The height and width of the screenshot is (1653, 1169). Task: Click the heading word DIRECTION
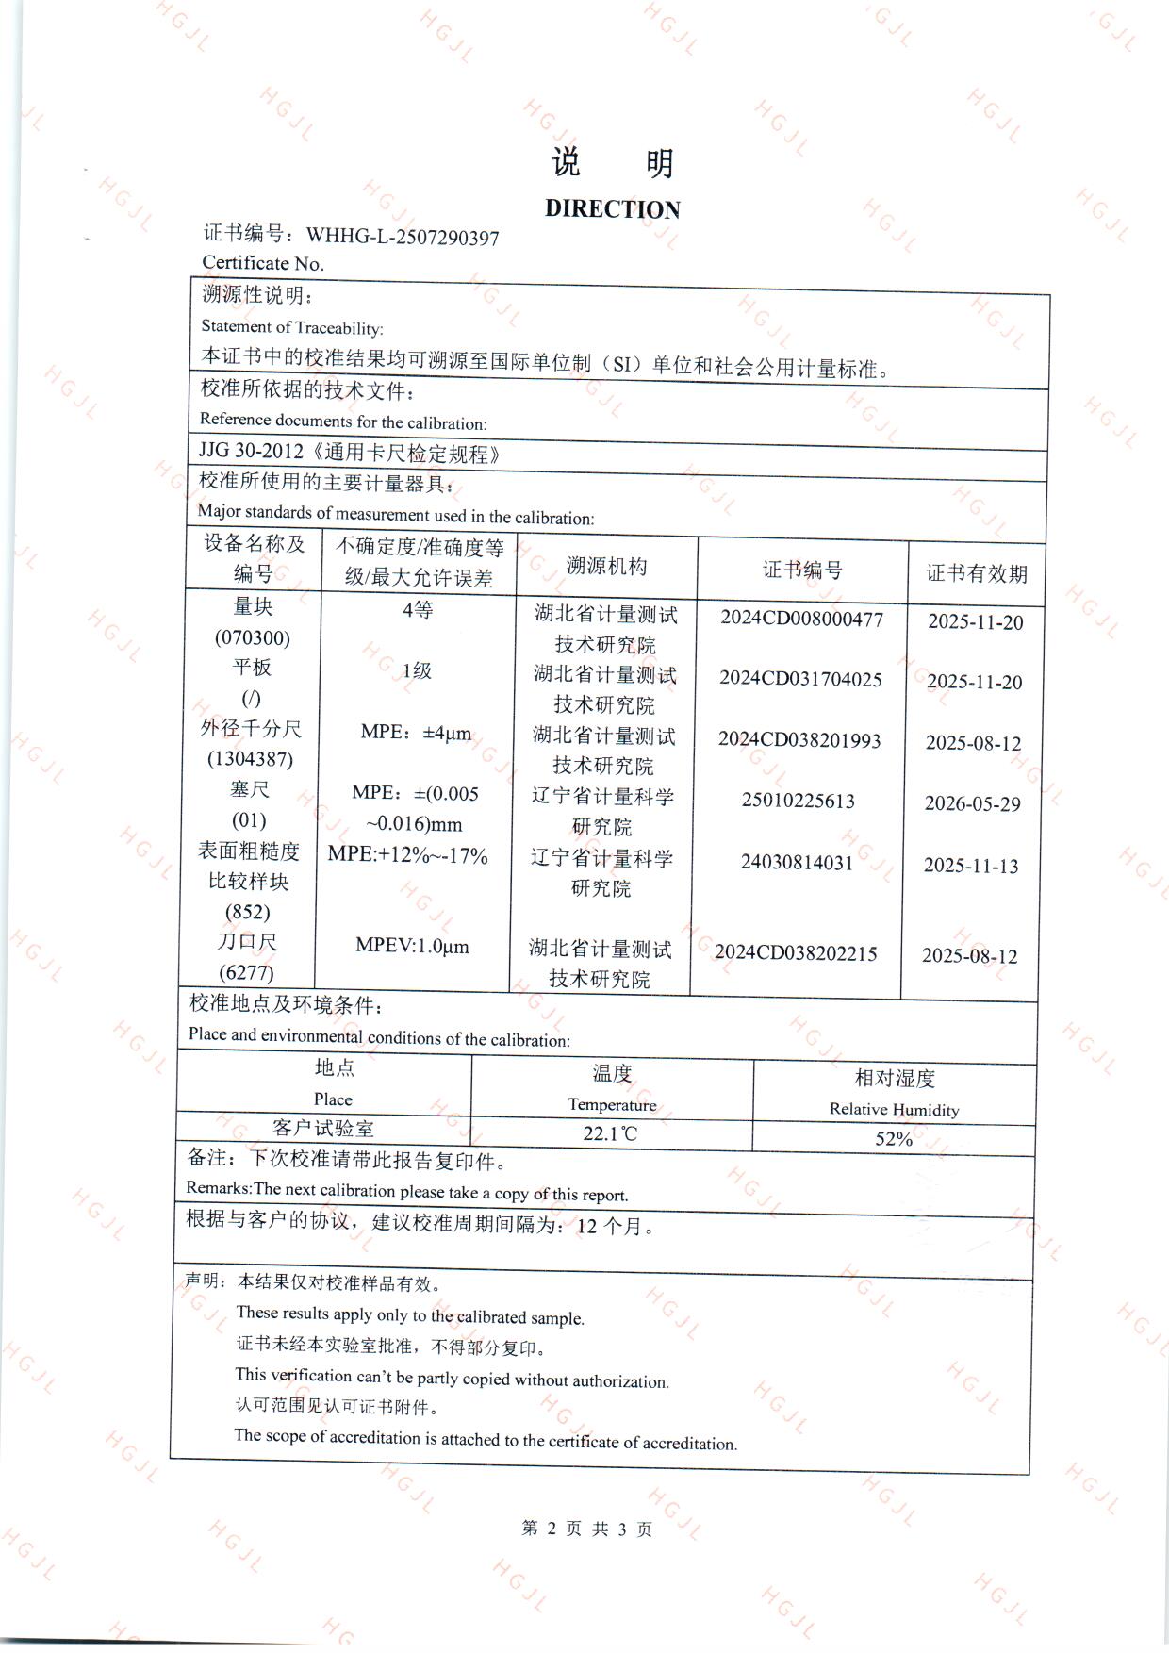point(612,209)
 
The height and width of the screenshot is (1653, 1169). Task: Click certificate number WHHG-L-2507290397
point(403,237)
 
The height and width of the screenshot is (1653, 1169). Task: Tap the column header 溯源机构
point(606,566)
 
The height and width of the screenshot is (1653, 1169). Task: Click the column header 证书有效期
point(976,573)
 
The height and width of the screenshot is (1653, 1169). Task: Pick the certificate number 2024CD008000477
point(801,620)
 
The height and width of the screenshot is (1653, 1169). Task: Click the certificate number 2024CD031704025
point(800,679)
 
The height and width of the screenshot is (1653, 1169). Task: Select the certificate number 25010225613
point(798,802)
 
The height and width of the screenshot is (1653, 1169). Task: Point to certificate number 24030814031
point(797,863)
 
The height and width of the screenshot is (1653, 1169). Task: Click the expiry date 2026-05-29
point(972,803)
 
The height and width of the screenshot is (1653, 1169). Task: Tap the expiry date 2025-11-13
point(971,866)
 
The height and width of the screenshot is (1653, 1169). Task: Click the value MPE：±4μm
point(416,733)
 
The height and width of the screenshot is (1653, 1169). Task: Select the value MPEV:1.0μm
point(412,946)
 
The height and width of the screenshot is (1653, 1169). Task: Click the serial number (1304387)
point(250,759)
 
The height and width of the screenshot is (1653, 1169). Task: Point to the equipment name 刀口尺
point(247,942)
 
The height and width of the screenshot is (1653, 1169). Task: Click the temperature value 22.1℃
point(610,1133)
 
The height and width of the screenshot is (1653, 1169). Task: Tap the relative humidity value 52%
point(893,1139)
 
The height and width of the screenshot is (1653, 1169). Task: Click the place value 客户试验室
point(322,1128)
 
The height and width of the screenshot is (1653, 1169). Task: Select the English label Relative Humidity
point(894,1110)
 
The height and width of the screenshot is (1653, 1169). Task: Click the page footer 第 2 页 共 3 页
point(586,1529)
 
